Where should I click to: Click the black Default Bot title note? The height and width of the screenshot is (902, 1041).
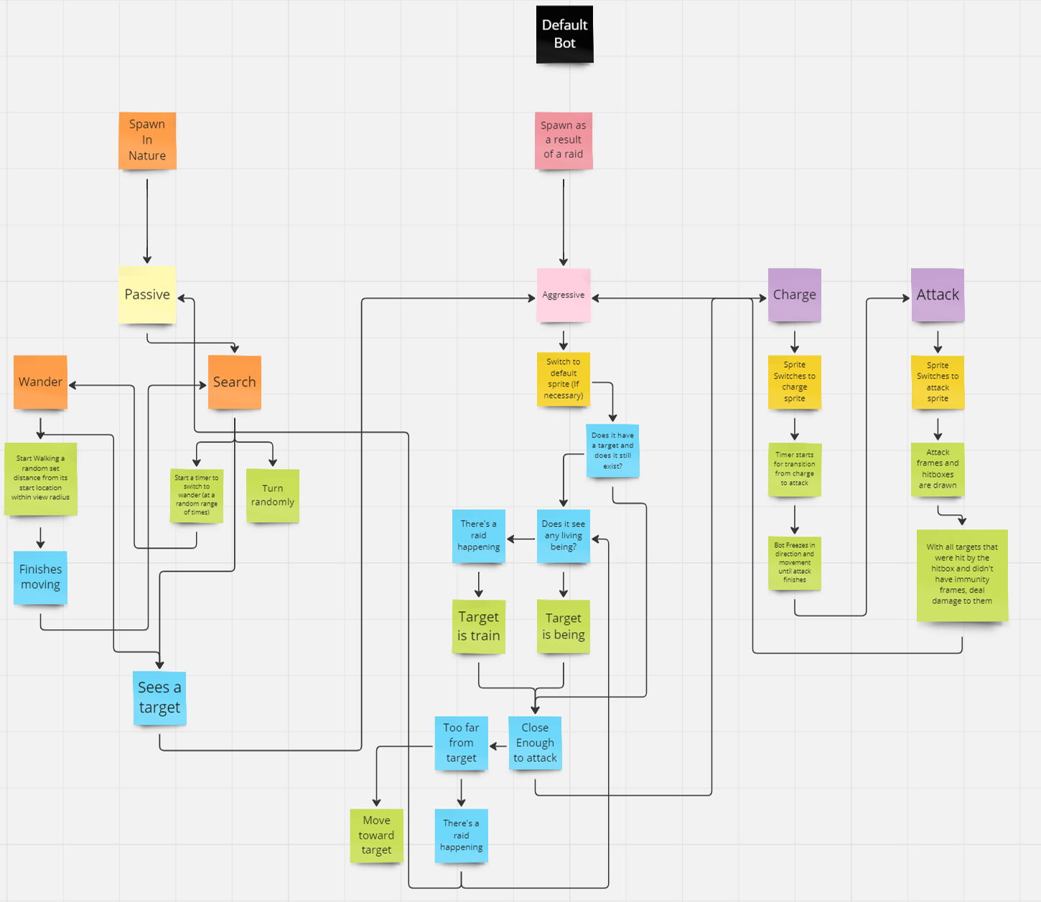[x=564, y=34]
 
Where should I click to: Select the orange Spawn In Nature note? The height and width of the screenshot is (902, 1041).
[x=147, y=140]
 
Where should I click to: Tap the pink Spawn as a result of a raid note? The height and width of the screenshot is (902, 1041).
[x=564, y=140]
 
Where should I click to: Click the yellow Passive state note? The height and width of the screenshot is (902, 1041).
[x=147, y=294]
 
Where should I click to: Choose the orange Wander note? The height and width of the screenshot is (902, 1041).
[x=40, y=382]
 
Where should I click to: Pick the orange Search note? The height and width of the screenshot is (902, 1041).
[x=234, y=382]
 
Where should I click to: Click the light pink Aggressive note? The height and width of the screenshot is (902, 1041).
[x=564, y=295]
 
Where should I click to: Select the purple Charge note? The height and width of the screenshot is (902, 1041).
[x=794, y=295]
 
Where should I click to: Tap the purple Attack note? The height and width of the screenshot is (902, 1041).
[x=937, y=295]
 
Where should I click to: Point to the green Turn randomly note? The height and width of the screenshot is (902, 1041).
[x=272, y=496]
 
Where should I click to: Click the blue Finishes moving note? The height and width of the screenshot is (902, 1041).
[x=40, y=577]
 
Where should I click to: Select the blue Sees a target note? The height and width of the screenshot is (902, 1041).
[x=159, y=698]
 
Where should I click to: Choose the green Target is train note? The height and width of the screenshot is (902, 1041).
[x=478, y=626]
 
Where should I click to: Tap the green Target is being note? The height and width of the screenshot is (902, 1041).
[x=564, y=626]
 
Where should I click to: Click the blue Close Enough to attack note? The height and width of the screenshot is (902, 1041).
[x=535, y=743]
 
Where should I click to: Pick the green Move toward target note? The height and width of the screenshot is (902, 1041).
[x=376, y=835]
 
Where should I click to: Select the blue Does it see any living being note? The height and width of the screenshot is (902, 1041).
[x=564, y=536]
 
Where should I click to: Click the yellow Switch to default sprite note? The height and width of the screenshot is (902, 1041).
[x=564, y=379]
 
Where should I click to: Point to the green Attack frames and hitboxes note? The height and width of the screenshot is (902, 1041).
[x=938, y=470]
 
